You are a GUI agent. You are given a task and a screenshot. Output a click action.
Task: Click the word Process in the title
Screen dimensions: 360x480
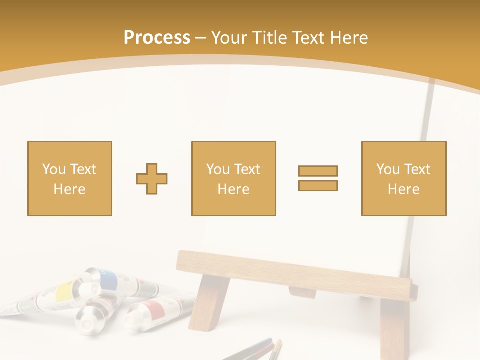157,38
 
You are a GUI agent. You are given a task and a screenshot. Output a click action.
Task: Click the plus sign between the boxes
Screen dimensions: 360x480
152,179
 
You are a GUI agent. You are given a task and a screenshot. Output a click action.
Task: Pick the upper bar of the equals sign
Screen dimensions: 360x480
318,171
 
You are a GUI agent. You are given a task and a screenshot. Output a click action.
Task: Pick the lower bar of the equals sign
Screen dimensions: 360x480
318,185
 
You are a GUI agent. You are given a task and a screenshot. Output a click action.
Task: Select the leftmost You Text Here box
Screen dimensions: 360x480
70,178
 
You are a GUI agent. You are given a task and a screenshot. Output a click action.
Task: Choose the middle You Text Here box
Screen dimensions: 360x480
233,178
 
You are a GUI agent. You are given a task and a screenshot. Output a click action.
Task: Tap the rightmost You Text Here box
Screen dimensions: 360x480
403,178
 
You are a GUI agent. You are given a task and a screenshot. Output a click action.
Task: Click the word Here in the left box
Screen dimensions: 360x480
69,189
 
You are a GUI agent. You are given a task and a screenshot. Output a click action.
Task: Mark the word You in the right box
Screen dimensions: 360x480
388,169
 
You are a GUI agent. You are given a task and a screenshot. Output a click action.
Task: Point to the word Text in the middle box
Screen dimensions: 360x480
247,169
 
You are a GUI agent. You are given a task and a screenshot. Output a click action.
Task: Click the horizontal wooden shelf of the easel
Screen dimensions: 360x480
295,274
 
